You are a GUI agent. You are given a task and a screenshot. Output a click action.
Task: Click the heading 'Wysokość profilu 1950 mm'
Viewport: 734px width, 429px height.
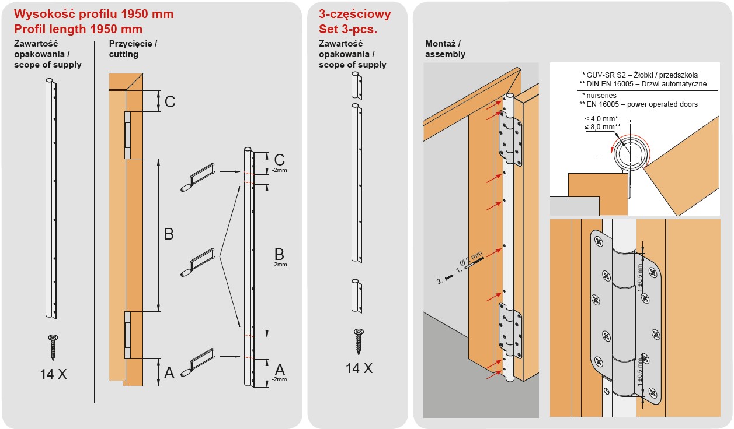[x=93, y=14]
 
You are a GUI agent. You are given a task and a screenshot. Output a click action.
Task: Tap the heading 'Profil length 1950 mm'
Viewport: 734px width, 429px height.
[x=78, y=29]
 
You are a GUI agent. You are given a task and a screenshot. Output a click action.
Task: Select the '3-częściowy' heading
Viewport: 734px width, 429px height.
[x=355, y=14]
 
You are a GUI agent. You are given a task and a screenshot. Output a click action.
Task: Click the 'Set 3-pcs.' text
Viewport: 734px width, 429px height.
[x=347, y=29]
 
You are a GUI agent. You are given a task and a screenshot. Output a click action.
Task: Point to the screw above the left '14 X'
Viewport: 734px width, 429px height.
[x=53, y=346]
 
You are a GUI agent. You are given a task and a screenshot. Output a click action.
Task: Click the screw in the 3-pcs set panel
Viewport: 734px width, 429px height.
[x=359, y=341]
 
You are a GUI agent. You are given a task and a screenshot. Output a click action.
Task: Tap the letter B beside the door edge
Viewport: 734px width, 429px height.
[x=169, y=234]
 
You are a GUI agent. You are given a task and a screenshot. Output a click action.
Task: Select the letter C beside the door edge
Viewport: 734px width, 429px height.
[x=169, y=101]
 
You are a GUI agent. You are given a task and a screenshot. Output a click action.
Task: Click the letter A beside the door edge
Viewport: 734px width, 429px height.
[x=169, y=372]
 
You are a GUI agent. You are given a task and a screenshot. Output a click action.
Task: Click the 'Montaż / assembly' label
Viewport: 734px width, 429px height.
[x=446, y=49]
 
